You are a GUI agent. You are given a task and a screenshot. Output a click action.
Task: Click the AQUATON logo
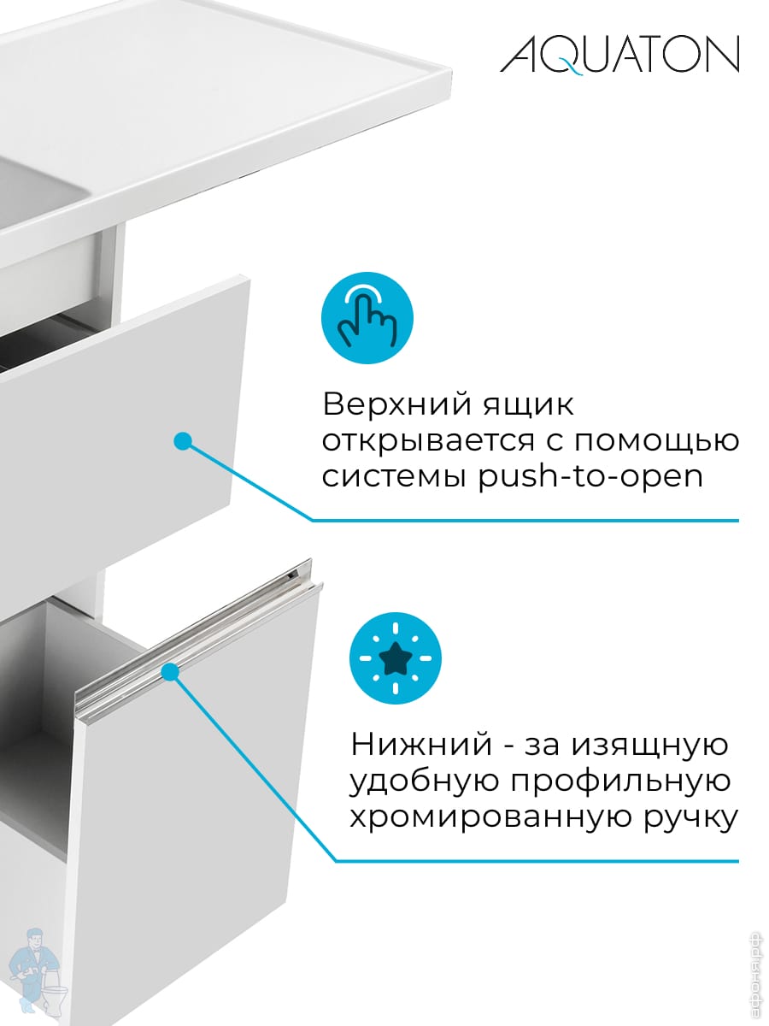click(619, 56)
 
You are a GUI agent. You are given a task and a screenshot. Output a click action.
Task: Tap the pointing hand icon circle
click(367, 318)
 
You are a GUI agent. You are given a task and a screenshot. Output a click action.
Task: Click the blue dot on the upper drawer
click(181, 441)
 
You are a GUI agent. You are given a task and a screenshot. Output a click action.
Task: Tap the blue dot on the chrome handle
click(169, 673)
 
